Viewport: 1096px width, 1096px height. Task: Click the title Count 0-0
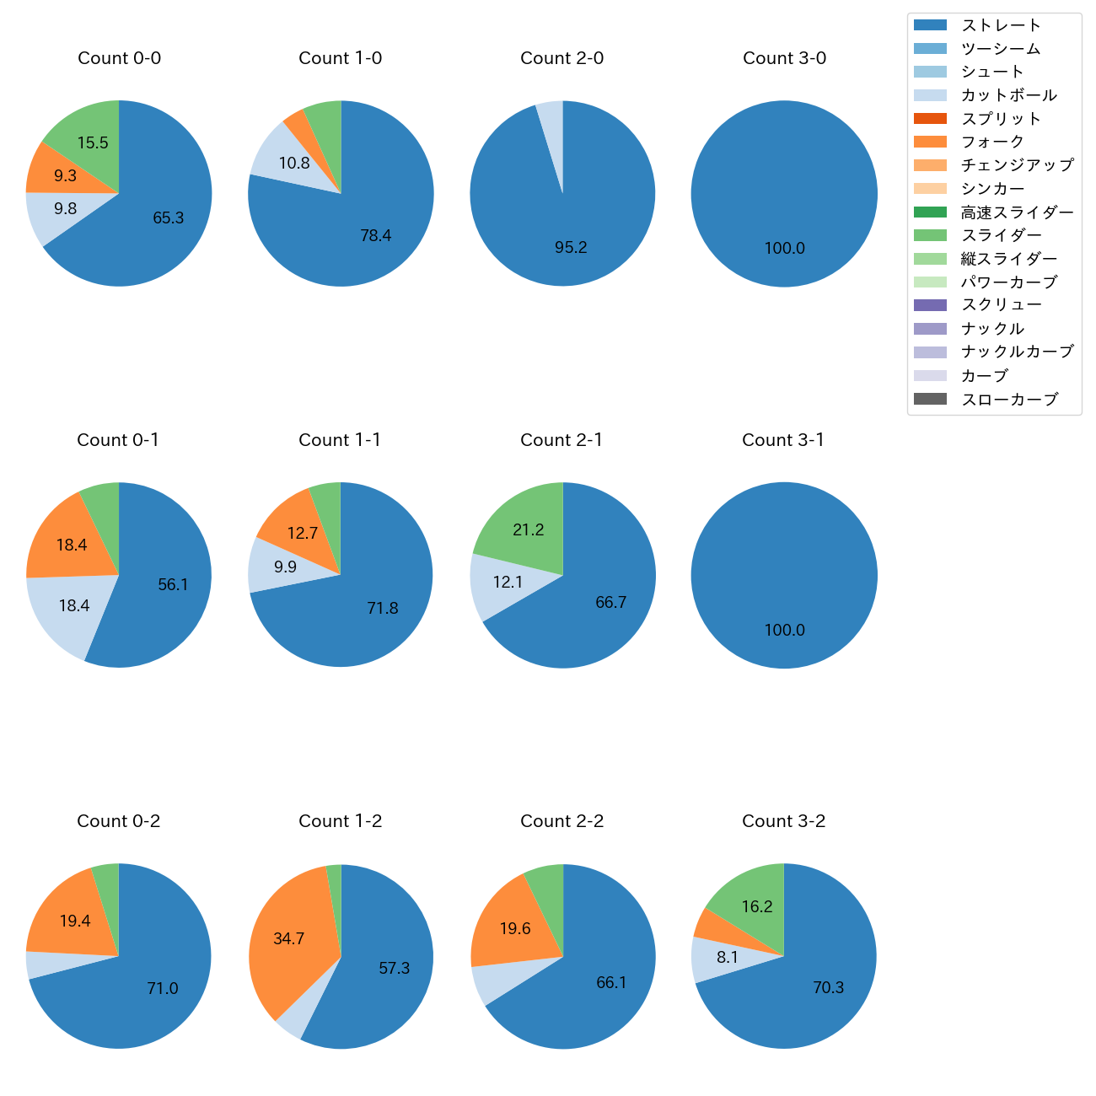(x=119, y=58)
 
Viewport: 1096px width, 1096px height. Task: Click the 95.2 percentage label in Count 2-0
(x=571, y=248)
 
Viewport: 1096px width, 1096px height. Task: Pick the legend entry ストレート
(x=1001, y=25)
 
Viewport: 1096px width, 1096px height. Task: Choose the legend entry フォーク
(x=992, y=142)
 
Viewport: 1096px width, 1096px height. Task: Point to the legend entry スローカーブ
(x=1009, y=400)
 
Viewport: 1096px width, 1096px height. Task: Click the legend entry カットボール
(x=1008, y=95)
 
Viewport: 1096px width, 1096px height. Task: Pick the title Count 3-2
(x=783, y=821)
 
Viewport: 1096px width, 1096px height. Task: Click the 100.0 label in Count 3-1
(x=784, y=631)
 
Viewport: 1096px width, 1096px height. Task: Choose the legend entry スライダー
(x=1001, y=235)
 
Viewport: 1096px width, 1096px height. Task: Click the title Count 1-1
(x=340, y=440)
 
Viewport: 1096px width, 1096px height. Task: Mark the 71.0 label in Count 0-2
(x=163, y=989)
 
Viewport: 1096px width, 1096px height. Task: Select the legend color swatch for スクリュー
(x=930, y=305)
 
